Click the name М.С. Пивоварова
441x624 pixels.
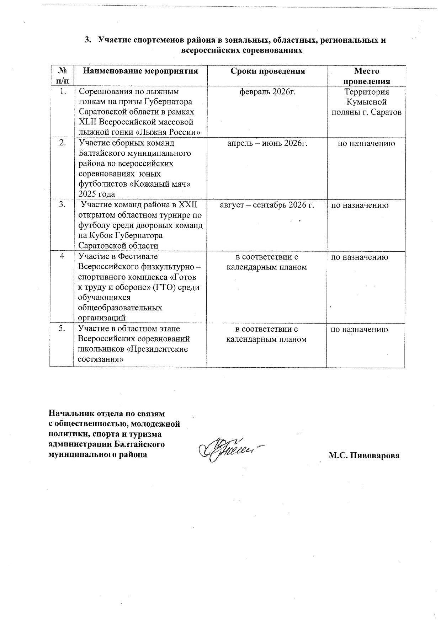click(x=364, y=455)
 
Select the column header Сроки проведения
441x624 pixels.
click(x=267, y=71)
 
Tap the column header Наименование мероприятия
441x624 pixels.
click(x=140, y=71)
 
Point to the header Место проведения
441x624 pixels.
click(x=366, y=76)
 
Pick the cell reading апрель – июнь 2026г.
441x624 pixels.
click(x=267, y=143)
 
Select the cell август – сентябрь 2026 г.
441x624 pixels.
click(x=267, y=205)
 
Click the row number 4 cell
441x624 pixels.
click(x=62, y=256)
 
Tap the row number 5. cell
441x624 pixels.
click(x=62, y=329)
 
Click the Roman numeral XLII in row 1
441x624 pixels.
click(x=87, y=122)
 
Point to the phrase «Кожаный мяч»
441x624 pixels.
click(x=167, y=184)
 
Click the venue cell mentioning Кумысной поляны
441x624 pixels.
click(x=366, y=102)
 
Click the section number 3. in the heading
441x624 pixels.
click(x=87, y=40)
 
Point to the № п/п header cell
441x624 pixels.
click(x=62, y=76)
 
